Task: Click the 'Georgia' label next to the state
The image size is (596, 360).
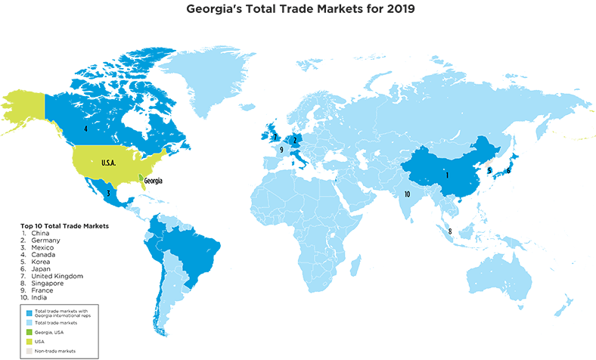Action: [154, 181]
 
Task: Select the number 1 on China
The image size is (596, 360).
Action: [447, 175]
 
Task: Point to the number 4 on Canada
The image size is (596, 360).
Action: [85, 129]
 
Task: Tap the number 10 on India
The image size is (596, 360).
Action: [407, 194]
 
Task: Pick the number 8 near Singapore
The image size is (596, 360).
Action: [450, 231]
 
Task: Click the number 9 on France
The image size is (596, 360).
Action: [281, 151]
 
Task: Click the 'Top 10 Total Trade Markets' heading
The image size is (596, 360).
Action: [66, 226]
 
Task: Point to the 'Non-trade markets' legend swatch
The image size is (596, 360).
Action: [29, 350]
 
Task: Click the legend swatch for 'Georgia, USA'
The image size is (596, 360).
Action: [29, 332]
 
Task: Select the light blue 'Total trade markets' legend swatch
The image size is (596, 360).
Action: [29, 323]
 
